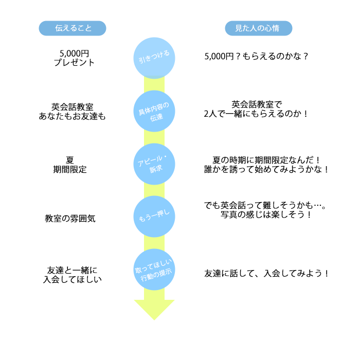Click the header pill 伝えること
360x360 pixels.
(x=73, y=28)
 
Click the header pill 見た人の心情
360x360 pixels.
(x=259, y=28)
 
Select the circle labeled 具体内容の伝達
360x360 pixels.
(x=154, y=111)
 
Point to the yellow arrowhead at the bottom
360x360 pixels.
(x=154, y=309)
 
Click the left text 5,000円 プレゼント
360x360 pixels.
(x=74, y=58)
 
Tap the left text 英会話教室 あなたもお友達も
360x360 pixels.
(x=73, y=111)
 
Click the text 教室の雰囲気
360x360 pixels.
(x=70, y=218)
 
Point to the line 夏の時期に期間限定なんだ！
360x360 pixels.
(x=266, y=159)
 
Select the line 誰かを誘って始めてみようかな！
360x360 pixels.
(x=266, y=169)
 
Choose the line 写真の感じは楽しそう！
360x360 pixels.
(x=266, y=215)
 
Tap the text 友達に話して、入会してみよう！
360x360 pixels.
(x=266, y=273)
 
